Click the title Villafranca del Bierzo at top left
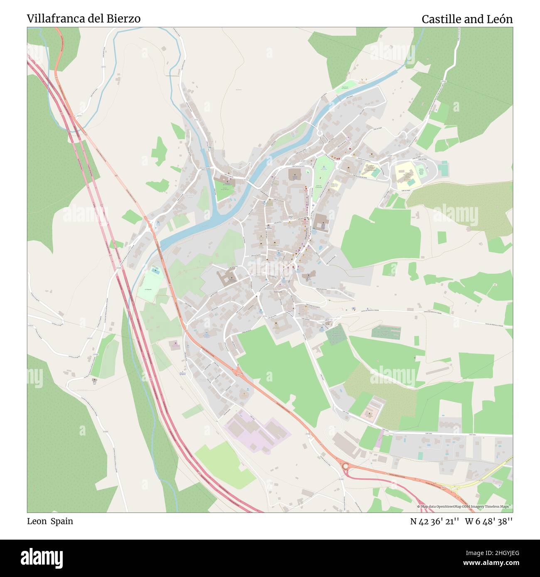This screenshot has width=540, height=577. (x=83, y=19)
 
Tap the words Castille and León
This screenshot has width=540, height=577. (x=467, y=19)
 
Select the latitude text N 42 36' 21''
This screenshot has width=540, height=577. (x=434, y=521)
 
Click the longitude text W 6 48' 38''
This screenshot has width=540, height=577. (x=488, y=521)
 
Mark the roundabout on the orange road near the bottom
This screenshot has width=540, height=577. (x=345, y=466)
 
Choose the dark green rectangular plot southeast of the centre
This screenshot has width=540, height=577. (x=336, y=334)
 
